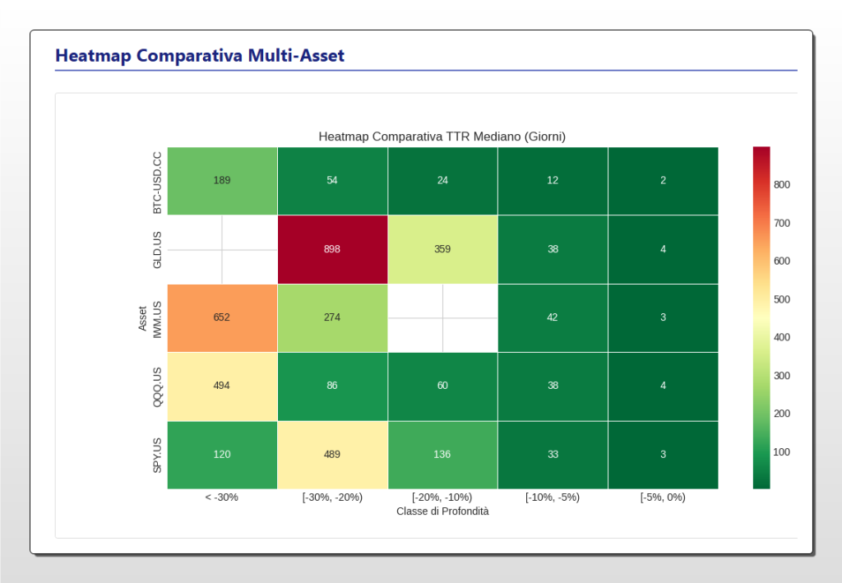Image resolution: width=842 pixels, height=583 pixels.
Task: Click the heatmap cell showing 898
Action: pyautogui.click(x=332, y=249)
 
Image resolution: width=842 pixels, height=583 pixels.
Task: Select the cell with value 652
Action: pyautogui.click(x=222, y=317)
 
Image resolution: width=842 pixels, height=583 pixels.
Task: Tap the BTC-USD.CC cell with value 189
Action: pyautogui.click(x=222, y=181)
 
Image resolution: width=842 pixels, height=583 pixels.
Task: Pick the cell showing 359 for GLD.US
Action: pyautogui.click(x=442, y=249)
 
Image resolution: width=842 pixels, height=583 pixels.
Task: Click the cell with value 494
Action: pyautogui.click(x=222, y=386)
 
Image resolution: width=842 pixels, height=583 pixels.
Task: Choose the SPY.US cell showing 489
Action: pyautogui.click(x=332, y=454)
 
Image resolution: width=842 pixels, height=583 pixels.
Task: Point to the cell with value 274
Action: pyautogui.click(x=332, y=317)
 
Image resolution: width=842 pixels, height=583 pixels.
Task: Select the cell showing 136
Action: pyautogui.click(x=442, y=454)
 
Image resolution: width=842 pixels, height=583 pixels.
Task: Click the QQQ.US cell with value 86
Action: pyautogui.click(x=332, y=386)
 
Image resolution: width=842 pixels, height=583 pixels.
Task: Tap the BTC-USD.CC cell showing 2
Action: pyautogui.click(x=663, y=181)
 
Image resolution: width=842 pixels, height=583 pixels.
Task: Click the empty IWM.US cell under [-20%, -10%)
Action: pyautogui.click(x=442, y=317)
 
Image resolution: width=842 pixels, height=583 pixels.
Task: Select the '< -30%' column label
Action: pyautogui.click(x=222, y=497)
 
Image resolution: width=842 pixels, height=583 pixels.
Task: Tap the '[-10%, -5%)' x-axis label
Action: pyautogui.click(x=553, y=497)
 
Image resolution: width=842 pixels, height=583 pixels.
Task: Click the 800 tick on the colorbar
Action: pyautogui.click(x=781, y=185)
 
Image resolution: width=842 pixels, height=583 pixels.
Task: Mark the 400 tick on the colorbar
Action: pyautogui.click(x=781, y=337)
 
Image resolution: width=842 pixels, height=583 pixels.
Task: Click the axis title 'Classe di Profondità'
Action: pyautogui.click(x=442, y=511)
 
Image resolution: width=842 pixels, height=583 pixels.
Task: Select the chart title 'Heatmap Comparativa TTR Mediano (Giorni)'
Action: pyautogui.click(x=442, y=136)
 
